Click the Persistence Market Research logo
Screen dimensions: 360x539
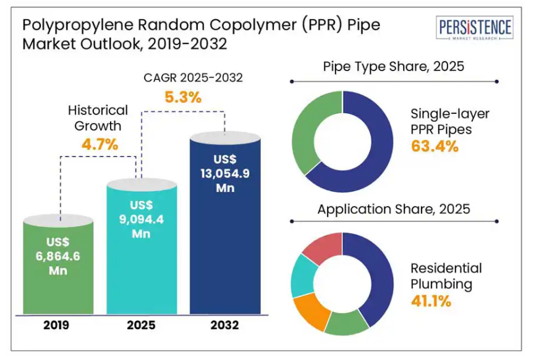point(475,29)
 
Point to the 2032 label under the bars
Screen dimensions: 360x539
point(224,325)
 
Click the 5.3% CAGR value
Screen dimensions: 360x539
point(182,97)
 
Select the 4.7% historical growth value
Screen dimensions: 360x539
point(100,145)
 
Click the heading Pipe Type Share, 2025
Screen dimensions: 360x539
point(394,66)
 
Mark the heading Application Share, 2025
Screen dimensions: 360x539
point(394,209)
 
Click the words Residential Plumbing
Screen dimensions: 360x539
point(446,276)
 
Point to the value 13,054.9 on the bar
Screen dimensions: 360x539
point(224,174)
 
